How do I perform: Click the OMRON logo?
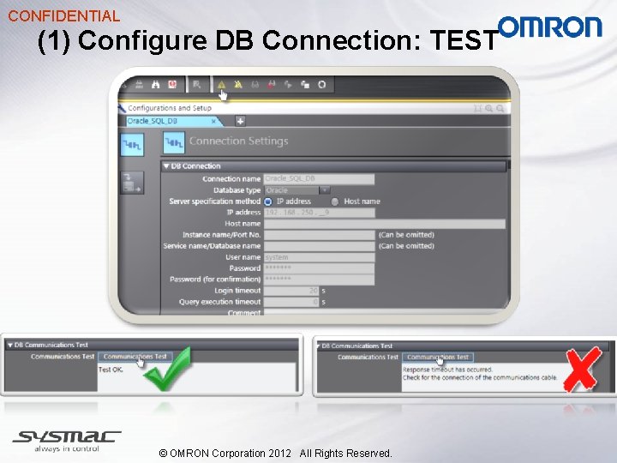point(550,27)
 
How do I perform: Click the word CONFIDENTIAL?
point(63,15)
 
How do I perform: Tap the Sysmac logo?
point(67,440)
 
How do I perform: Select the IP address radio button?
point(268,201)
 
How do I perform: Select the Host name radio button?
point(334,201)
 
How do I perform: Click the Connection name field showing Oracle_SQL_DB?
point(319,179)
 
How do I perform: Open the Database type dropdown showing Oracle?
point(297,190)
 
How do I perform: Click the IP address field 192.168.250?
point(319,213)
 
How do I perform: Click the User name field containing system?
point(319,257)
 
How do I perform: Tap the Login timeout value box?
point(291,291)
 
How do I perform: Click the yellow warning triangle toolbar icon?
point(221,84)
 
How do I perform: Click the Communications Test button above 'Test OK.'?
point(135,357)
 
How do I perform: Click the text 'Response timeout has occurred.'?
point(448,370)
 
